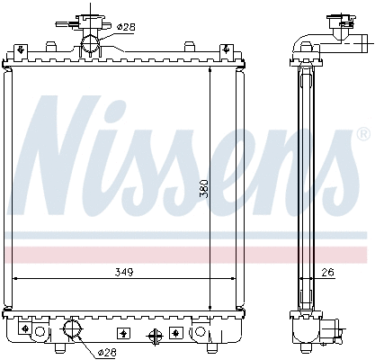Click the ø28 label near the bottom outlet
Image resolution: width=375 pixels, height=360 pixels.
pos(108,351)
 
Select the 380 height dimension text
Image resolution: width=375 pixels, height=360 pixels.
pos(204,188)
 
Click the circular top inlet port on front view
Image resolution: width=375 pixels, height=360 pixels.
pos(90,43)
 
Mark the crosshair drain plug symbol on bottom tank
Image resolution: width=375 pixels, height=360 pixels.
pos(155,336)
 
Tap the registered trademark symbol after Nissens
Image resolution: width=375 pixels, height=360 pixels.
pos(362,134)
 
